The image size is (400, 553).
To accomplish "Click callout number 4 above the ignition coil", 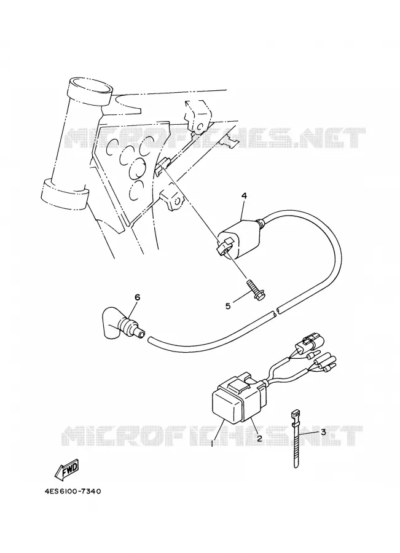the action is (244, 195).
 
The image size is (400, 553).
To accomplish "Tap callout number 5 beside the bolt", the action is (228, 306).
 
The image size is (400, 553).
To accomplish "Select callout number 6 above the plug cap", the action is (137, 297).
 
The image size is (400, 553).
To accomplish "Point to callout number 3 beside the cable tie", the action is (323, 432).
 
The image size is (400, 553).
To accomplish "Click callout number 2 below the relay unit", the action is (259, 438).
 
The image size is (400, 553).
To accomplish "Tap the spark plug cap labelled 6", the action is (122, 323).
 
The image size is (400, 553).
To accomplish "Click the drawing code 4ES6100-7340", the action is (73, 491).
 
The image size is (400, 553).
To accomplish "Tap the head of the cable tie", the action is (296, 413).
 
